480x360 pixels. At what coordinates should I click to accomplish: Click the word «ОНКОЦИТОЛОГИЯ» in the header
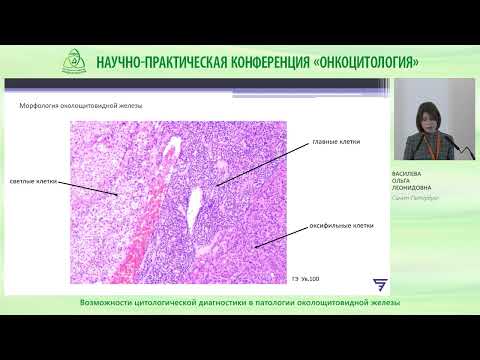362,61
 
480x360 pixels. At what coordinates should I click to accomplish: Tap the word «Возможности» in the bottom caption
108,303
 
